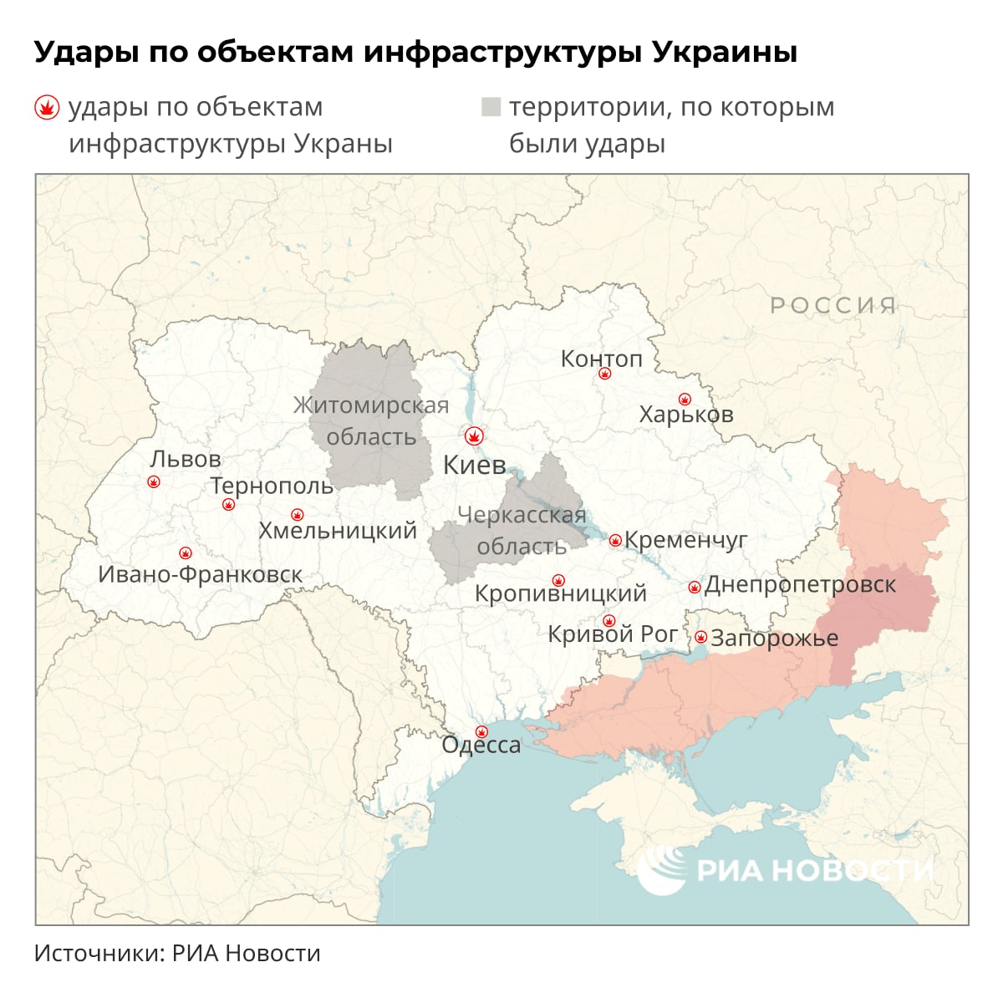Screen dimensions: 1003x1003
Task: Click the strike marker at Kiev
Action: tap(474, 436)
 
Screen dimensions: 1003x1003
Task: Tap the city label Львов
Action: tap(186, 459)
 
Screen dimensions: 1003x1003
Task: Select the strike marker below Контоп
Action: tap(605, 374)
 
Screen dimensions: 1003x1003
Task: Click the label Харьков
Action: tap(685, 414)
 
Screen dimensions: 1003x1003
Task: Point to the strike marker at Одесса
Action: tap(481, 731)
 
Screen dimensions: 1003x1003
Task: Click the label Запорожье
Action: tap(774, 638)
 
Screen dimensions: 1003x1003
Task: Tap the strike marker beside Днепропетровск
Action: tap(694, 588)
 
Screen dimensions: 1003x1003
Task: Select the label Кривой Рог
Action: tap(612, 634)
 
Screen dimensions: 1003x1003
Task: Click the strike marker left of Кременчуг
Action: tap(615, 541)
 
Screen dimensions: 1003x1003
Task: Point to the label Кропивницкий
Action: tap(560, 593)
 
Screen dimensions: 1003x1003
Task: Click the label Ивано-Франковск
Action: tap(201, 574)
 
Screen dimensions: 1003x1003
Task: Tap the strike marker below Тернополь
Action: tap(229, 505)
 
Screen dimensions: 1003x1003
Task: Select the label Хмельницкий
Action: tap(338, 530)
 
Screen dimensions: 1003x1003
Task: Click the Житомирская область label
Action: tap(371, 421)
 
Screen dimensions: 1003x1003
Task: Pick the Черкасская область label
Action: tap(522, 531)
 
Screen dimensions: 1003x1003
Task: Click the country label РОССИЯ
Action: tap(832, 305)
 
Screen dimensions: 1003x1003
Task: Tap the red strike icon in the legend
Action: tap(46, 108)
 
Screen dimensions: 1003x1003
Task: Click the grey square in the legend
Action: tap(491, 107)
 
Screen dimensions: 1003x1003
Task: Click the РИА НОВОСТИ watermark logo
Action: tap(786, 869)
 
